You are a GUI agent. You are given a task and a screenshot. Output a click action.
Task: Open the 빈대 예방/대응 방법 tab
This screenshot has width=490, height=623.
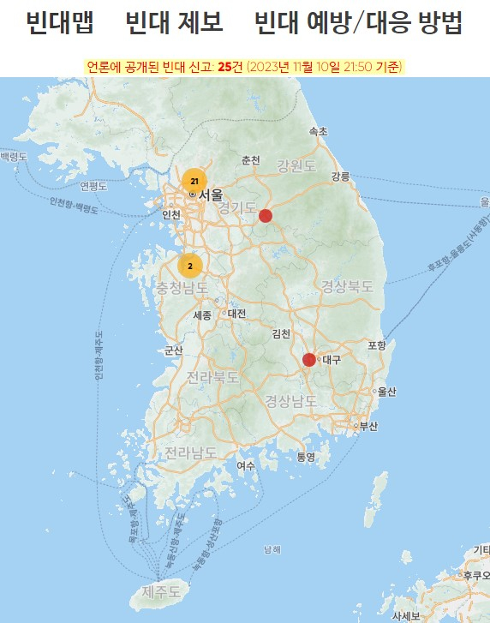(x=358, y=23)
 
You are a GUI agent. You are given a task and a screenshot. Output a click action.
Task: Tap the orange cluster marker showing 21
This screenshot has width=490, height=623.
(x=194, y=181)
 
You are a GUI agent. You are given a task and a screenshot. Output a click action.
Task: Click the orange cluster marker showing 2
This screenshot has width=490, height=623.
(x=190, y=266)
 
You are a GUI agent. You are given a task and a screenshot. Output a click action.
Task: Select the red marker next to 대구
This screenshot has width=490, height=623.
(x=309, y=359)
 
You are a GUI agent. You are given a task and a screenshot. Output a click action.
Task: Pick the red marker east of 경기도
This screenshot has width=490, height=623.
(x=266, y=215)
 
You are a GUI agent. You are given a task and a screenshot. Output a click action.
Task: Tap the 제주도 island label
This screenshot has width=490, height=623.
(x=161, y=591)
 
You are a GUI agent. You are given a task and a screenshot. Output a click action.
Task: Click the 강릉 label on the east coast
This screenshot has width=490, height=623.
(x=340, y=176)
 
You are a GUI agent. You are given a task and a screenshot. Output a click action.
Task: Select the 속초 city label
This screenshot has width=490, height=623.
(x=318, y=132)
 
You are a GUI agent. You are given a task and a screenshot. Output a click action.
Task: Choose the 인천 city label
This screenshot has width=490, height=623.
(x=171, y=214)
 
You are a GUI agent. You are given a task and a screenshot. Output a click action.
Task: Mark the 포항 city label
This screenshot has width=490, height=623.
(x=377, y=344)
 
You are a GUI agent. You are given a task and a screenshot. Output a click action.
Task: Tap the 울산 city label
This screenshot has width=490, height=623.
(x=387, y=392)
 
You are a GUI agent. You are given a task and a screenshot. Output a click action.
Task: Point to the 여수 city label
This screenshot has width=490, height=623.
(x=247, y=465)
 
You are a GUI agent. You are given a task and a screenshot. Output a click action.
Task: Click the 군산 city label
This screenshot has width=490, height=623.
(x=174, y=350)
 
